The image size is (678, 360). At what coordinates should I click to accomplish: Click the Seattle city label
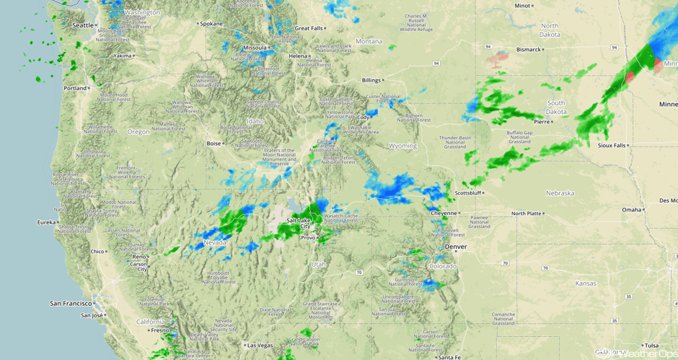point(83,25)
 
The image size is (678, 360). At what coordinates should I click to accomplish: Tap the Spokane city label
point(211,23)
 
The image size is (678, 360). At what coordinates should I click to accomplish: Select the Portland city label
point(74,88)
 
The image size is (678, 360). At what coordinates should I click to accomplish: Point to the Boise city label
point(214,144)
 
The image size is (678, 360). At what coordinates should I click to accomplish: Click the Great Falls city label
point(308,28)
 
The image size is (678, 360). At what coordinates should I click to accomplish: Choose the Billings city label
point(371,80)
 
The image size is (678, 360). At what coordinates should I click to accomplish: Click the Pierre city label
point(542,122)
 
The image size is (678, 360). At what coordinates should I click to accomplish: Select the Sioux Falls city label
point(612,145)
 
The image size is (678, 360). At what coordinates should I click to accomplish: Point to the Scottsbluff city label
point(468,193)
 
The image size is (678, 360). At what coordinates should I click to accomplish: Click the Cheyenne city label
point(444,214)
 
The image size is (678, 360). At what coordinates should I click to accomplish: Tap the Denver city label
point(455,247)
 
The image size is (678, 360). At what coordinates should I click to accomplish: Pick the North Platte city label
point(526,214)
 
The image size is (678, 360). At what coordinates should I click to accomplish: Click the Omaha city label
point(631,210)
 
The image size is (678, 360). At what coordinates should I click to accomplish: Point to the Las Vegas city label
point(260,346)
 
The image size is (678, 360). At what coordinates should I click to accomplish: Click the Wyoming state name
point(402,146)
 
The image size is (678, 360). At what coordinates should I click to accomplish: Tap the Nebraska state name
point(560,193)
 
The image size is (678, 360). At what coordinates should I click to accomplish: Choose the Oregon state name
point(138,132)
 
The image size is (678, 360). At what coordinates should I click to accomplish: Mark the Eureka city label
point(47,223)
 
